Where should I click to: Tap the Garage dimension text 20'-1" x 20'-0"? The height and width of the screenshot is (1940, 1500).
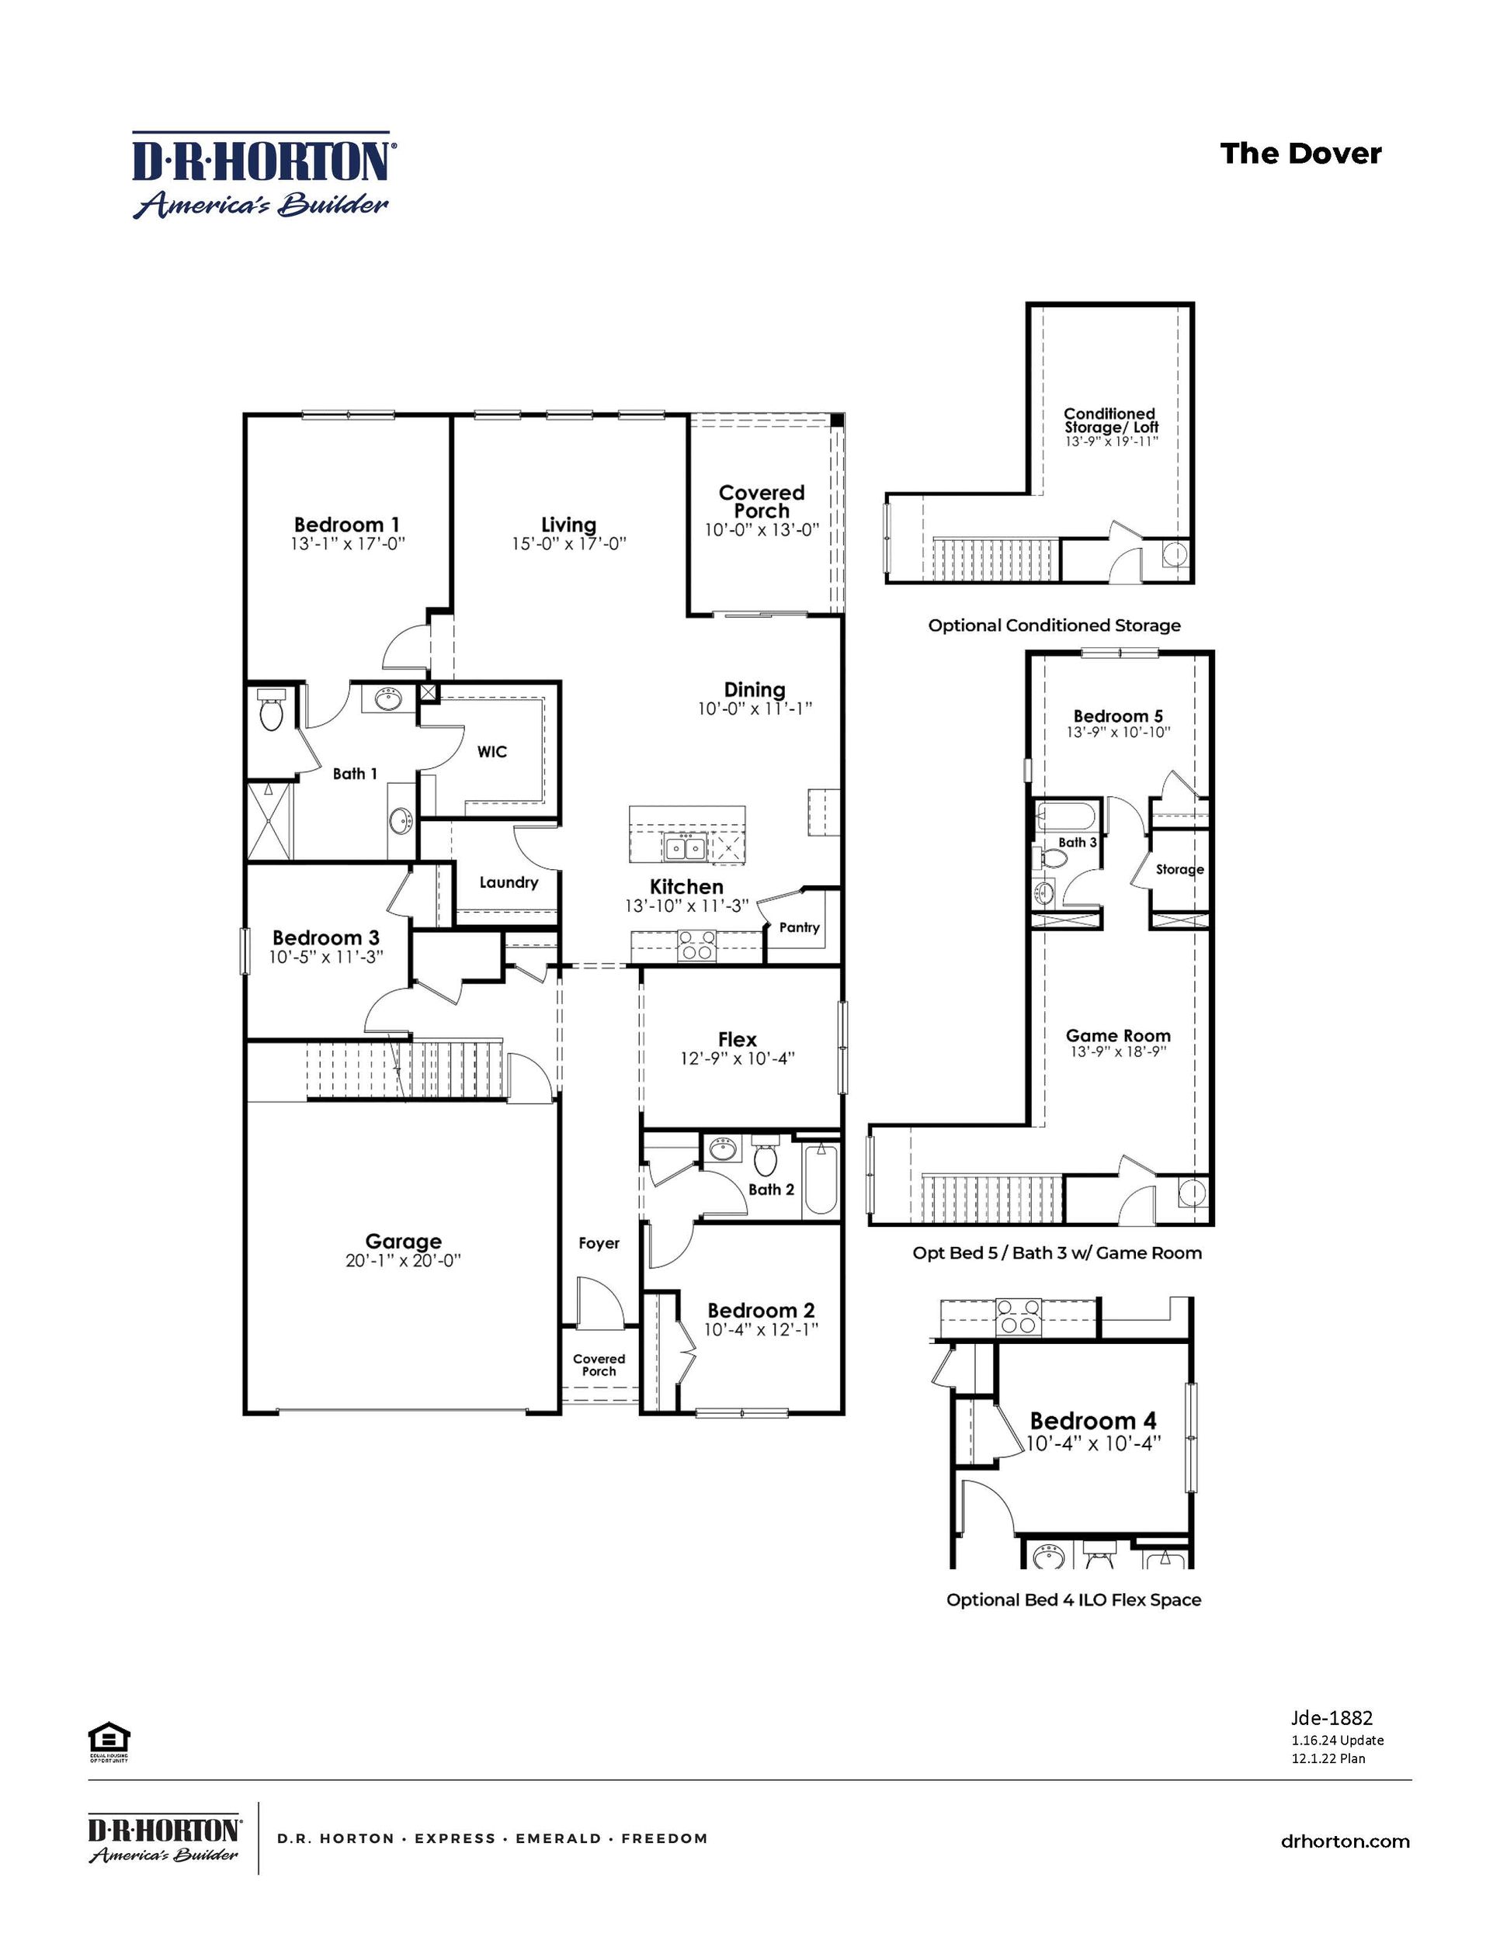pyautogui.click(x=404, y=1260)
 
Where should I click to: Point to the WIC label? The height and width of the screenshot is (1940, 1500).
pyautogui.click(x=491, y=751)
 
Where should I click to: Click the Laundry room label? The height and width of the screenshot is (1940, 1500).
pyautogui.click(x=509, y=882)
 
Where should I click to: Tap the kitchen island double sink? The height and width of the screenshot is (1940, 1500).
pyautogui.click(x=685, y=847)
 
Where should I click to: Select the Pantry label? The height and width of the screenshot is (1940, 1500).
pyautogui.click(x=799, y=927)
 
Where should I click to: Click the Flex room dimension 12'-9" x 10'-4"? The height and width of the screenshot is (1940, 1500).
pyautogui.click(x=737, y=1058)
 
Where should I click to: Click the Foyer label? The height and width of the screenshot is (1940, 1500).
pyautogui.click(x=598, y=1242)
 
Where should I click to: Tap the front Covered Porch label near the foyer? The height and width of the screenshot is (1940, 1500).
pyautogui.click(x=599, y=1364)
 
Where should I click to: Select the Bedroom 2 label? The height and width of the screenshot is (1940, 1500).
pyautogui.click(x=761, y=1310)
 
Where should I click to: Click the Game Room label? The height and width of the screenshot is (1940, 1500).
pyautogui.click(x=1118, y=1035)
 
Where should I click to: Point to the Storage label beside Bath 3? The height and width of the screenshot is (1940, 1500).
pyautogui.click(x=1179, y=870)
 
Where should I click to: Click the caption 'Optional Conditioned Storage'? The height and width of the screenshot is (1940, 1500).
pyautogui.click(x=1054, y=625)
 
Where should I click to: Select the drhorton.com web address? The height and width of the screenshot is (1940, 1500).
pyautogui.click(x=1345, y=1841)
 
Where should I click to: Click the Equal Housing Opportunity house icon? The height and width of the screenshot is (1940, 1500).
pyautogui.click(x=109, y=1737)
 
